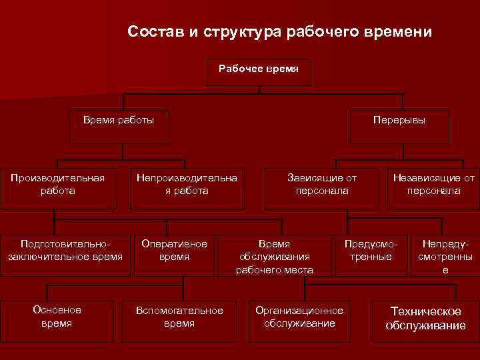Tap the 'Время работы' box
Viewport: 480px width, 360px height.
(x=119, y=125)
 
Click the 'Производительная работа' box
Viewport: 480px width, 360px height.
(x=57, y=185)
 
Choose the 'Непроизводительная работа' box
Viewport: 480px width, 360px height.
(x=187, y=185)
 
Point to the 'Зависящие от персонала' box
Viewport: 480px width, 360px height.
(x=322, y=185)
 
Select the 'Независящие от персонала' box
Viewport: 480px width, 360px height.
(x=433, y=185)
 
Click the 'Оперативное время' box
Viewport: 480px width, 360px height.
(x=175, y=251)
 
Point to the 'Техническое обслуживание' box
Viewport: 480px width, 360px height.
(x=425, y=319)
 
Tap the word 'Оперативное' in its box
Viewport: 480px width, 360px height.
(x=175, y=244)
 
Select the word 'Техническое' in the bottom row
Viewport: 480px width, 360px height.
(x=425, y=312)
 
